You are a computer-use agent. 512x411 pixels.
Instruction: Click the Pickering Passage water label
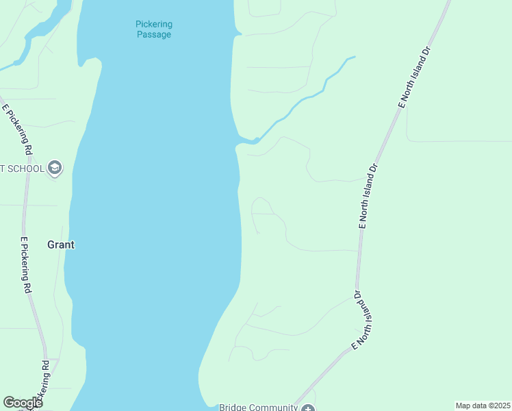click(x=153, y=29)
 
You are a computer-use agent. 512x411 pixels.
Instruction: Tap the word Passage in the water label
click(x=153, y=34)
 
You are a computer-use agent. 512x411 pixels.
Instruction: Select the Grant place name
click(x=60, y=244)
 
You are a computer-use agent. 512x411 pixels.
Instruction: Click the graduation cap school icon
click(x=55, y=168)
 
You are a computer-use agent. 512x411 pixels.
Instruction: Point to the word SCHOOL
click(x=27, y=169)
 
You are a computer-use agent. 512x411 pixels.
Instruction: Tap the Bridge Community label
click(x=258, y=407)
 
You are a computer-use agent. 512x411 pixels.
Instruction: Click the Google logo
click(x=23, y=403)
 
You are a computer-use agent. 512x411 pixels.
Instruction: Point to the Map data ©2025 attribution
click(x=483, y=406)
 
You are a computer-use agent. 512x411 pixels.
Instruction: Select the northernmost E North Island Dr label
click(x=413, y=77)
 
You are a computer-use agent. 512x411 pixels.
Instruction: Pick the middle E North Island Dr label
click(x=368, y=195)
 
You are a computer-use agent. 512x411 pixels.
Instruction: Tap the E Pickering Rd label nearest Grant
click(x=25, y=265)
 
